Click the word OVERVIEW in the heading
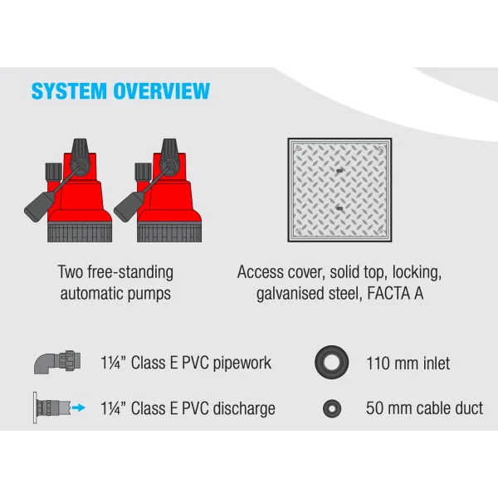159,90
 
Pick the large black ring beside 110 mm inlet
332,362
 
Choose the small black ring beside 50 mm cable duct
332,408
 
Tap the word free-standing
130,272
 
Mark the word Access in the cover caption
260,272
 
